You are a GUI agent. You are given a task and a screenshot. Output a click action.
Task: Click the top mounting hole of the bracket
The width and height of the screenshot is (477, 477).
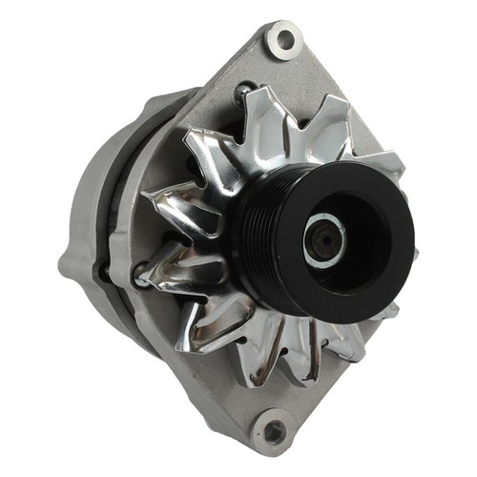pos(283,39)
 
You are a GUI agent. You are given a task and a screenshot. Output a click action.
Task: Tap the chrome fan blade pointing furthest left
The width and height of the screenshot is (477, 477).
pos(167,205)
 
